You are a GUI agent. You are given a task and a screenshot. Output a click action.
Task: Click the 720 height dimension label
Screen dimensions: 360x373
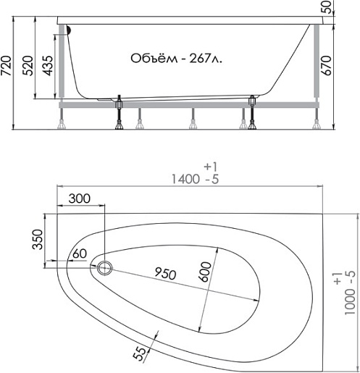pos(6,66)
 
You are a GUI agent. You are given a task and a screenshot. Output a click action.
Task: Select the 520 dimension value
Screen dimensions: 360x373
pos(28,66)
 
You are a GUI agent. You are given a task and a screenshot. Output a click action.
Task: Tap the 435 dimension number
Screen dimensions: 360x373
pos(47,66)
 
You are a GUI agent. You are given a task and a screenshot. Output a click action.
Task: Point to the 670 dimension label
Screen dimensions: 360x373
pos(327,66)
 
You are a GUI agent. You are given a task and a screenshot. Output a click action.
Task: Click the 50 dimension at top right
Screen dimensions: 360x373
pos(327,7)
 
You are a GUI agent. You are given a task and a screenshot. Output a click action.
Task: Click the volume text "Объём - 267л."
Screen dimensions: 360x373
pos(176,59)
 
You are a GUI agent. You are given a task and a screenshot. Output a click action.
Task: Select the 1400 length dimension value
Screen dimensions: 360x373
pos(185,180)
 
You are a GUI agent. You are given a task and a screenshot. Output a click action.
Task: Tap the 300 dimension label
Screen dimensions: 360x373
pos(80,198)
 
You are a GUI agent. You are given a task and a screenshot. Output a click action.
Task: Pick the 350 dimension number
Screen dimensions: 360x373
pos(38,239)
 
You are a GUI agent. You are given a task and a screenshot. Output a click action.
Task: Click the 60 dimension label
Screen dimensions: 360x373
pos(80,253)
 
